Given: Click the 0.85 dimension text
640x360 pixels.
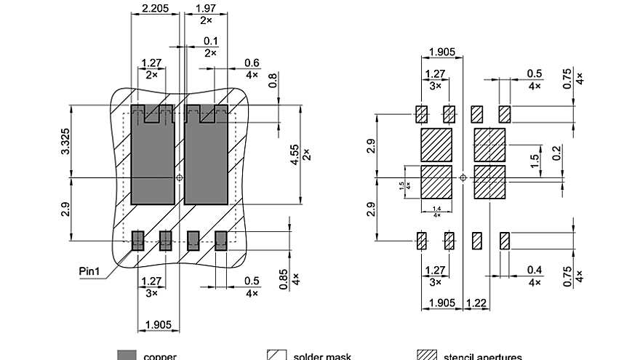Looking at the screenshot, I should pos(284,280).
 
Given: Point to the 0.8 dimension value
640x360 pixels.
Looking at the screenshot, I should pos(273,81).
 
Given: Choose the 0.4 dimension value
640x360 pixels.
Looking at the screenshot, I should pos(535,270).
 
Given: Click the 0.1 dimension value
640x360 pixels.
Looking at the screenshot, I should pos(210,41).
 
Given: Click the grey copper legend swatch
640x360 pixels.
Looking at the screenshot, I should pos(127,355).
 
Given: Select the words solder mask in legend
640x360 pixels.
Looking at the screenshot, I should pos(322,356).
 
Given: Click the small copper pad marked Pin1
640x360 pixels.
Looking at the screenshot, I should pos(137,241).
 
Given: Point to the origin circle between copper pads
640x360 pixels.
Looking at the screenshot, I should pos(180,177).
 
